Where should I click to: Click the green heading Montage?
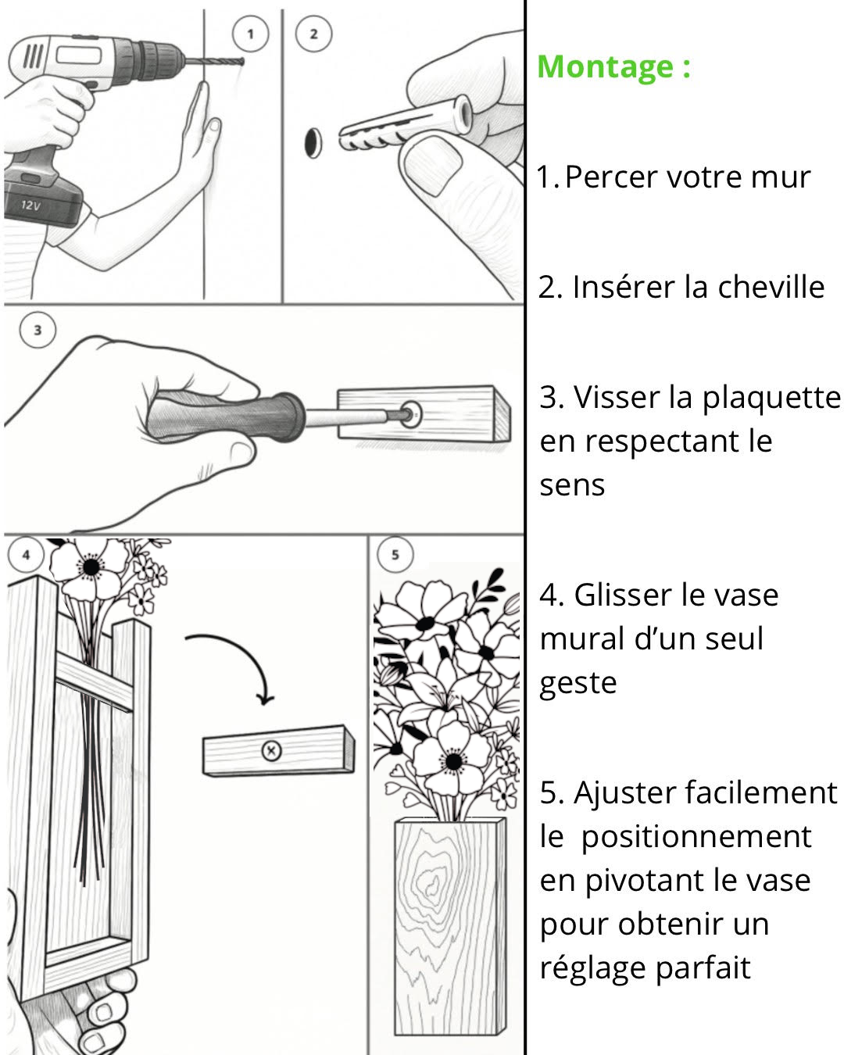pyautogui.click(x=613, y=66)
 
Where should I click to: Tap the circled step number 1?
pyautogui.click(x=250, y=34)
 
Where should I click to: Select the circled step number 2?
pyautogui.click(x=313, y=34)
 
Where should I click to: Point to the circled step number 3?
pyautogui.click(x=38, y=330)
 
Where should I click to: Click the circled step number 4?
pyautogui.click(x=27, y=555)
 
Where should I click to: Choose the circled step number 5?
pyautogui.click(x=395, y=555)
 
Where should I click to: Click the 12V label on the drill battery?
pyautogui.click(x=30, y=206)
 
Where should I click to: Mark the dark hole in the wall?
pyautogui.click(x=313, y=141)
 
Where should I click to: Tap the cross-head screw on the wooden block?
pyautogui.click(x=271, y=751)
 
